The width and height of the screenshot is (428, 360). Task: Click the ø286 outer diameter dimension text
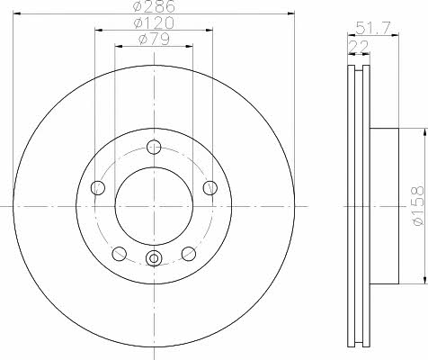coord(154,6)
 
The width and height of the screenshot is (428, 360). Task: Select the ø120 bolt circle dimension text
coord(154,22)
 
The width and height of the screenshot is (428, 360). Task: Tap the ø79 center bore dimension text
coord(154,39)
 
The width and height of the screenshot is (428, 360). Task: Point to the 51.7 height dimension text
coord(373,29)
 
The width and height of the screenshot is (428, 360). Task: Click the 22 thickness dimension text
coord(359,47)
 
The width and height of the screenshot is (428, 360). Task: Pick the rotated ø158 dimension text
coord(418,205)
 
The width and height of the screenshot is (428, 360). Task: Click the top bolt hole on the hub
coord(154,147)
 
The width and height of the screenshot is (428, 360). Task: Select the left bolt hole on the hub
coord(98,188)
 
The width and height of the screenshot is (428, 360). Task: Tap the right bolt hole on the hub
coord(210,188)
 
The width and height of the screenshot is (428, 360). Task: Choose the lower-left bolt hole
coord(120,254)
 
